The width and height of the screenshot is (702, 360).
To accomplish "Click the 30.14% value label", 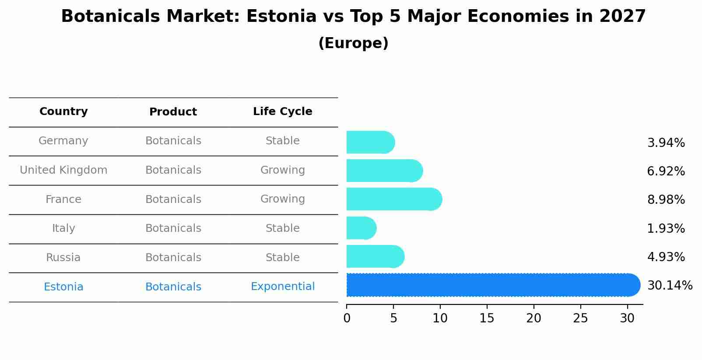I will tap(670, 286).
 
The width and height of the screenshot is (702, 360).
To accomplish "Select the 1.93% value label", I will tap(666, 228).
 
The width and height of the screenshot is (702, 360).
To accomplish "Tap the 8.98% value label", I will tap(666, 200).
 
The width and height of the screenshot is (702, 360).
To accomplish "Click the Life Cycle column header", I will tap(282, 112).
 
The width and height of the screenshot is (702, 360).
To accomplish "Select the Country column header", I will tap(63, 112).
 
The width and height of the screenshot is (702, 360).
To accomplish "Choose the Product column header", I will tap(173, 112).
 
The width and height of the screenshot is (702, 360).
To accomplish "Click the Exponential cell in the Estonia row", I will tap(282, 287).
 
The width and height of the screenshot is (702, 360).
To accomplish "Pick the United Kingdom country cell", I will tap(63, 170).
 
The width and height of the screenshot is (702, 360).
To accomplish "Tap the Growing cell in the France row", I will tap(282, 199).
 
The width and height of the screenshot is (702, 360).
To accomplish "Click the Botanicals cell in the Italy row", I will tap(173, 228).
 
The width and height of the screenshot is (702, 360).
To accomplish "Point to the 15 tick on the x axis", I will tap(487, 318).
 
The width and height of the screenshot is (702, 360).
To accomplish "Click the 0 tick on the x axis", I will tap(347, 318).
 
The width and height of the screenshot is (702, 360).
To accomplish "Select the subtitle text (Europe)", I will tap(353, 43).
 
